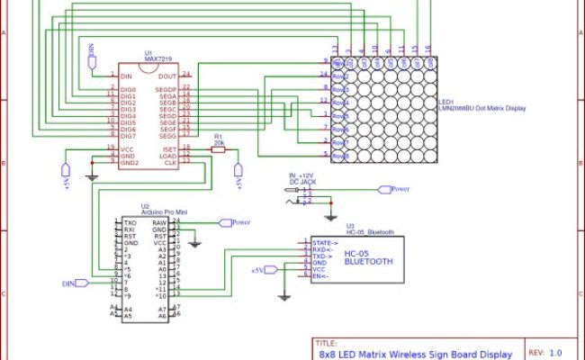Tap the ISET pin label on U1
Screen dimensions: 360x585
(167, 148)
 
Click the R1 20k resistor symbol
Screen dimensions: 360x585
(218, 149)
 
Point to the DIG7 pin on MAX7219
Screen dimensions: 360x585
(128, 136)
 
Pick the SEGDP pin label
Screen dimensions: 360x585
(165, 90)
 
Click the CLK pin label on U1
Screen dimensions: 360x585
(169, 162)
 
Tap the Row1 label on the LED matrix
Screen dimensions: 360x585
(340, 64)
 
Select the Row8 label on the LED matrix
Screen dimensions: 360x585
(340, 156)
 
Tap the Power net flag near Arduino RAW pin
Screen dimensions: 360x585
(239, 221)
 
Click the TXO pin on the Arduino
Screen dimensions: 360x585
(130, 221)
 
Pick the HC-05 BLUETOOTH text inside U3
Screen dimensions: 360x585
(368, 258)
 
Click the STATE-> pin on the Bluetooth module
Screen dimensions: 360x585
(324, 242)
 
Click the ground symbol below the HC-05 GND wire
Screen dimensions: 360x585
(284, 296)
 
